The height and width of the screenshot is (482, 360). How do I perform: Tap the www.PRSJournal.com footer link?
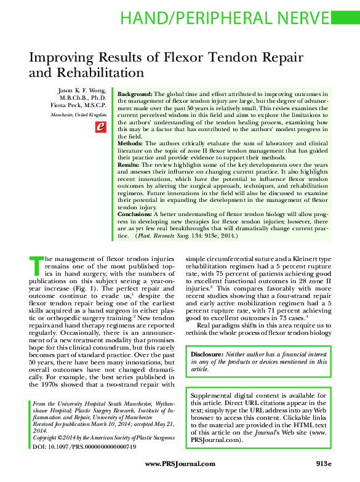[180, 464]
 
